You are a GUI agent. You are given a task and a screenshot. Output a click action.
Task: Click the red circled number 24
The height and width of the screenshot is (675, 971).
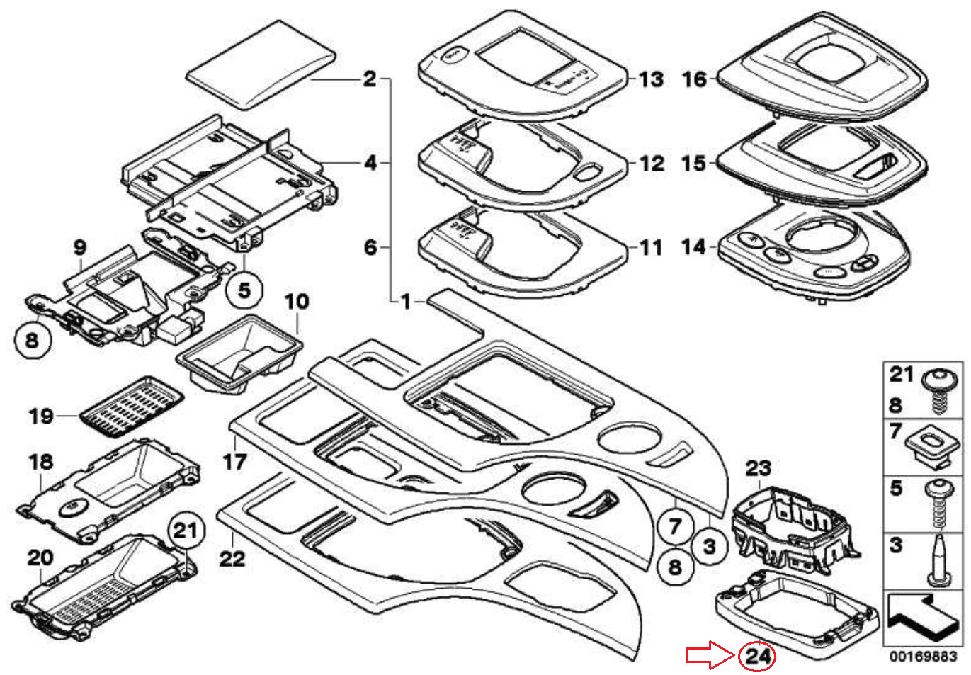point(757,657)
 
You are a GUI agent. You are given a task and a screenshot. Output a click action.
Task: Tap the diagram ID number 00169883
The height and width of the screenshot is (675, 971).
point(924,657)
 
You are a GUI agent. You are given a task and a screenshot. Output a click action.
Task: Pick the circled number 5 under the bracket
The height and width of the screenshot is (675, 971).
point(244,289)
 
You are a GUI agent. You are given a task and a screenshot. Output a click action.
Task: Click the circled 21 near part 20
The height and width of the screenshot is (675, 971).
point(186,530)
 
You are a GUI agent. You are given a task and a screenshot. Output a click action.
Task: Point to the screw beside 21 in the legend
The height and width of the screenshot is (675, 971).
point(941,392)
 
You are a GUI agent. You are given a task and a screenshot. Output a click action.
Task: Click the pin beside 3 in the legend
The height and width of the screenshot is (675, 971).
point(939,560)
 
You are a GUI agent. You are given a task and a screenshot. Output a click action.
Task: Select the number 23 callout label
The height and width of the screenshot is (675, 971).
point(758,467)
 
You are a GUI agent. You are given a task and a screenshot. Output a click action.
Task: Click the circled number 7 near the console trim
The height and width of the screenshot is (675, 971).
point(675,526)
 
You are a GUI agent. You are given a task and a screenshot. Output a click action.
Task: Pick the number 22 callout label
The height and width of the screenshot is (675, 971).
point(232,558)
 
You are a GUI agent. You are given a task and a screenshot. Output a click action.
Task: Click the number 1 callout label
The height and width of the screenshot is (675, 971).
point(406,302)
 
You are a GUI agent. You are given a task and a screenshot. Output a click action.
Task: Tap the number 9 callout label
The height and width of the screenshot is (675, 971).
point(80,247)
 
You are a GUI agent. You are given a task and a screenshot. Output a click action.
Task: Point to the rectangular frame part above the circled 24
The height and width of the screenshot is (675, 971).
point(793,609)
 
